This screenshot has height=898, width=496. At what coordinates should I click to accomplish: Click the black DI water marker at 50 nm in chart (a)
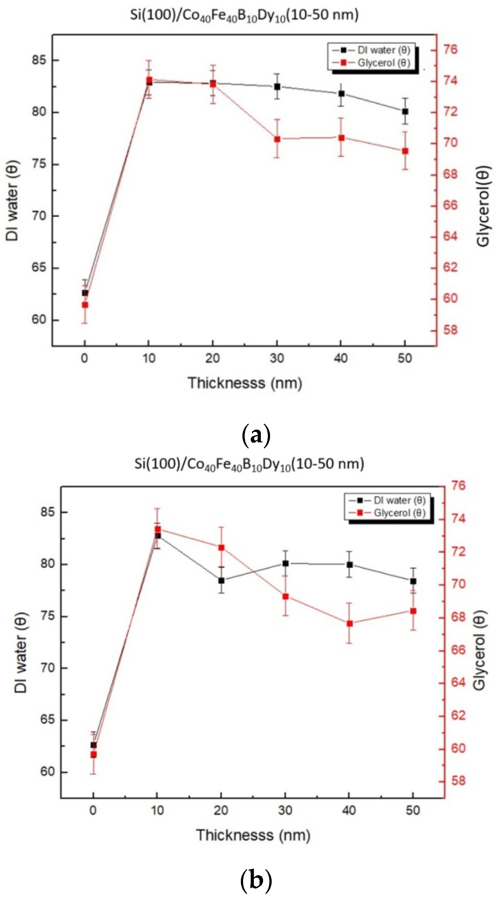405,112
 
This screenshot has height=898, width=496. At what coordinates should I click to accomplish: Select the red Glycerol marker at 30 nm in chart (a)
277,139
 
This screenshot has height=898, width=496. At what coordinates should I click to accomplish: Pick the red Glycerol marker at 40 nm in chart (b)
349,624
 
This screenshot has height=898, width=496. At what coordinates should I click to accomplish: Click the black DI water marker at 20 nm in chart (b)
221,580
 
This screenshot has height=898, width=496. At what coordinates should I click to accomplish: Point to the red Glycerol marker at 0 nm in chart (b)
94,755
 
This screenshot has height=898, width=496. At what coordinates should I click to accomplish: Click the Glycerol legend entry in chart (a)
383,63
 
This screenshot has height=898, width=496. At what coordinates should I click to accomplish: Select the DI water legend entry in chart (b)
399,500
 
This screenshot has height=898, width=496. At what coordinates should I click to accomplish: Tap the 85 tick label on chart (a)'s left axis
39,60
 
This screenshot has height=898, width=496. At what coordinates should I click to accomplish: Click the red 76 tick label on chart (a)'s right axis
450,49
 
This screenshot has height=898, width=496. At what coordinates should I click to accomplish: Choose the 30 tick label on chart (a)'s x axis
277,358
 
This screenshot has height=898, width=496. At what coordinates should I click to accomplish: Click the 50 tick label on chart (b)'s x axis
413,810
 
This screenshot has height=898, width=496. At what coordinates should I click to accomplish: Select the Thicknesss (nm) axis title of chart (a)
245,383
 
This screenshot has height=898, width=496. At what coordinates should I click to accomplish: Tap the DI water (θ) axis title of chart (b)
21,652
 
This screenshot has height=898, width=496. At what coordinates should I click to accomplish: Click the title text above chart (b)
249,464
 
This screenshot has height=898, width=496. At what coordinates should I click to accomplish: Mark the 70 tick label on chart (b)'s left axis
48,667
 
